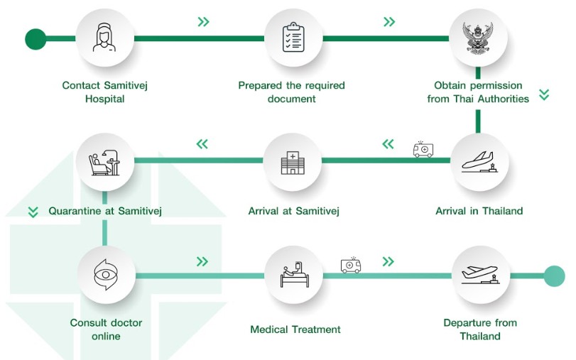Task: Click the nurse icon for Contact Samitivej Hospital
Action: [104, 38]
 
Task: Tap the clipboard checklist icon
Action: [293, 38]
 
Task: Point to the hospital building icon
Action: [293, 161]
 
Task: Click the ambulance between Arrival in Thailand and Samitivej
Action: [423, 149]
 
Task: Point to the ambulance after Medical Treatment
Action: [350, 265]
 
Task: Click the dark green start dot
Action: [35, 39]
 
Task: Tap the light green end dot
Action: [554, 276]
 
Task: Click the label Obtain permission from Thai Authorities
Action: [478, 92]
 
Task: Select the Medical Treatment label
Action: [295, 329]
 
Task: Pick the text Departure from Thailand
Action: [479, 329]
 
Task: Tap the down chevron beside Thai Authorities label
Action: [544, 94]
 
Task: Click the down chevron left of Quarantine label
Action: [33, 212]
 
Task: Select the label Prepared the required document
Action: [291, 92]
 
